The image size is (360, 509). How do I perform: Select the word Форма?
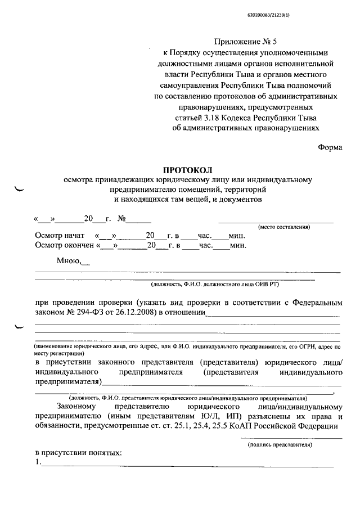(x=330, y=148)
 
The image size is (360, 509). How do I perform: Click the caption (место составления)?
(x=284, y=227)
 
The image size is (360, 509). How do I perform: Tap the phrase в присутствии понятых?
(x=78, y=453)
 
